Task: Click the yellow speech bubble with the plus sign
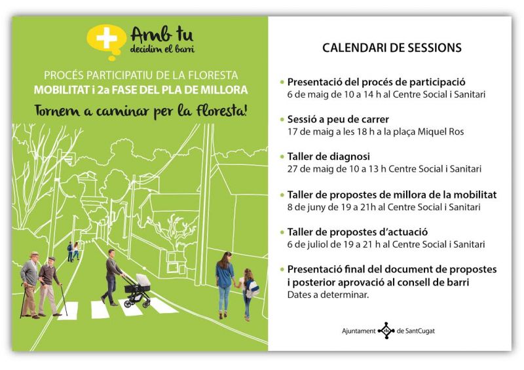pyautogui.click(x=107, y=41)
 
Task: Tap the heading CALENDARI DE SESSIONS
pyautogui.click(x=392, y=47)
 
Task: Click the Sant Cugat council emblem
pyautogui.click(x=386, y=331)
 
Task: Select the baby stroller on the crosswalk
pyautogui.click(x=137, y=290)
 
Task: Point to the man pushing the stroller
pyautogui.click(x=113, y=277)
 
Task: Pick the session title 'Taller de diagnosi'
pyautogui.click(x=329, y=157)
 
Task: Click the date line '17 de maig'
pyautogui.click(x=375, y=132)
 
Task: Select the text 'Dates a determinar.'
pyautogui.click(x=328, y=295)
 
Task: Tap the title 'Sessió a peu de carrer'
pyautogui.click(x=338, y=119)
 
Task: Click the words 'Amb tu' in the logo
pyautogui.click(x=162, y=35)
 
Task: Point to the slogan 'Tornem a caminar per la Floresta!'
pyautogui.click(x=140, y=111)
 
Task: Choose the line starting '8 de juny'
pyautogui.click(x=384, y=207)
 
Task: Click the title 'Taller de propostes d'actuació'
pyautogui.click(x=358, y=232)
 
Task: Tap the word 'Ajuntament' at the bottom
pyautogui.click(x=358, y=331)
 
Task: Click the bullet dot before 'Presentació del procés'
pyautogui.click(x=282, y=83)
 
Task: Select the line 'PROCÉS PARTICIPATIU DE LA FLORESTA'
pyautogui.click(x=141, y=75)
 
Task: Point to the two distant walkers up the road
pyautogui.click(x=73, y=251)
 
